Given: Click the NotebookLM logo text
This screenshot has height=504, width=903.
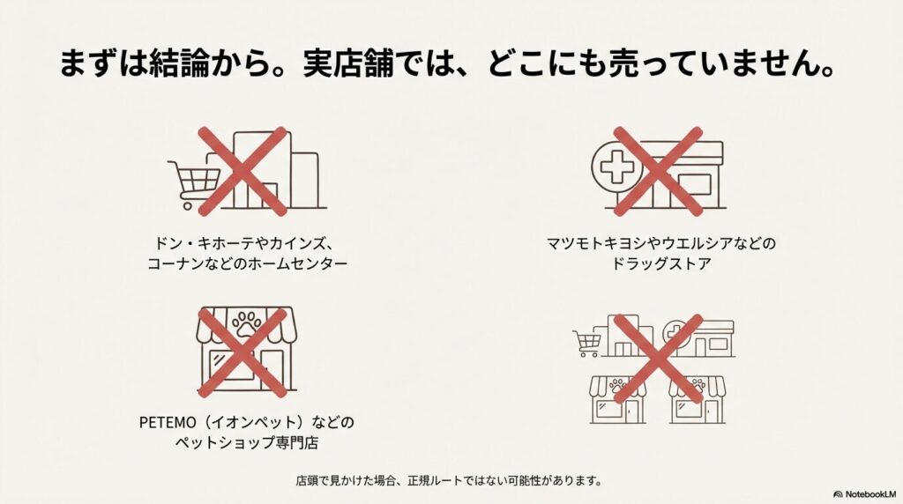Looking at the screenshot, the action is (870, 494).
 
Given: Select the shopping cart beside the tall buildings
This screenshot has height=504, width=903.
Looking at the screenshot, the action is (193, 183).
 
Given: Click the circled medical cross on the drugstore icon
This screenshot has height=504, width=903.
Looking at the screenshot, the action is (616, 167).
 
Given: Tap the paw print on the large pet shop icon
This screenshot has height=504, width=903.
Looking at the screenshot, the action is (247, 324).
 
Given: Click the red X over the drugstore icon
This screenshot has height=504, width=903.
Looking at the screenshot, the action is (658, 172).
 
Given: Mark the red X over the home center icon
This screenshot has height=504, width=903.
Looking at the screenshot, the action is (242, 172).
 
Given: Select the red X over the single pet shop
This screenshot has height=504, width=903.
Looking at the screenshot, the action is (242, 352).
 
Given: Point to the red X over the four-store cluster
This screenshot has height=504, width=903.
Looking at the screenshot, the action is (658, 359).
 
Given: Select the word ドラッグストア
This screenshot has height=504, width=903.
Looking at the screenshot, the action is (661, 263).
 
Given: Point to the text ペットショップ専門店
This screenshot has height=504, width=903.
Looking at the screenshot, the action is (247, 443).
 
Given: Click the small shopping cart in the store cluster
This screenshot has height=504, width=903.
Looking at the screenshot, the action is (587, 343).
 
